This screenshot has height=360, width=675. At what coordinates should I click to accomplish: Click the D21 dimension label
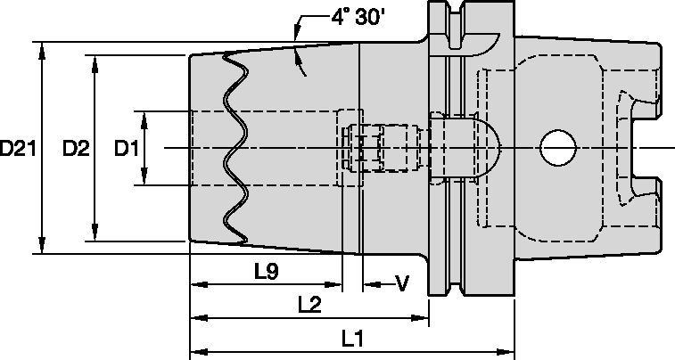tap(18, 149)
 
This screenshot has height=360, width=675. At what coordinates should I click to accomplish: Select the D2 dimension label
tap(76, 149)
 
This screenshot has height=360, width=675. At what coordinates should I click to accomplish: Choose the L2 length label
tap(309, 304)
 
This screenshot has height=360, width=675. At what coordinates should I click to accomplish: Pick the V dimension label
tap(401, 283)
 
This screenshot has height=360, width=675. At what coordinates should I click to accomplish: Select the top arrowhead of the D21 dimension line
tap(41, 47)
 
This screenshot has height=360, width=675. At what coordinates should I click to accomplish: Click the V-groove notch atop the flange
tap(450, 21)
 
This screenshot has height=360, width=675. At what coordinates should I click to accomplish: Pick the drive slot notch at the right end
tap(644, 148)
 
